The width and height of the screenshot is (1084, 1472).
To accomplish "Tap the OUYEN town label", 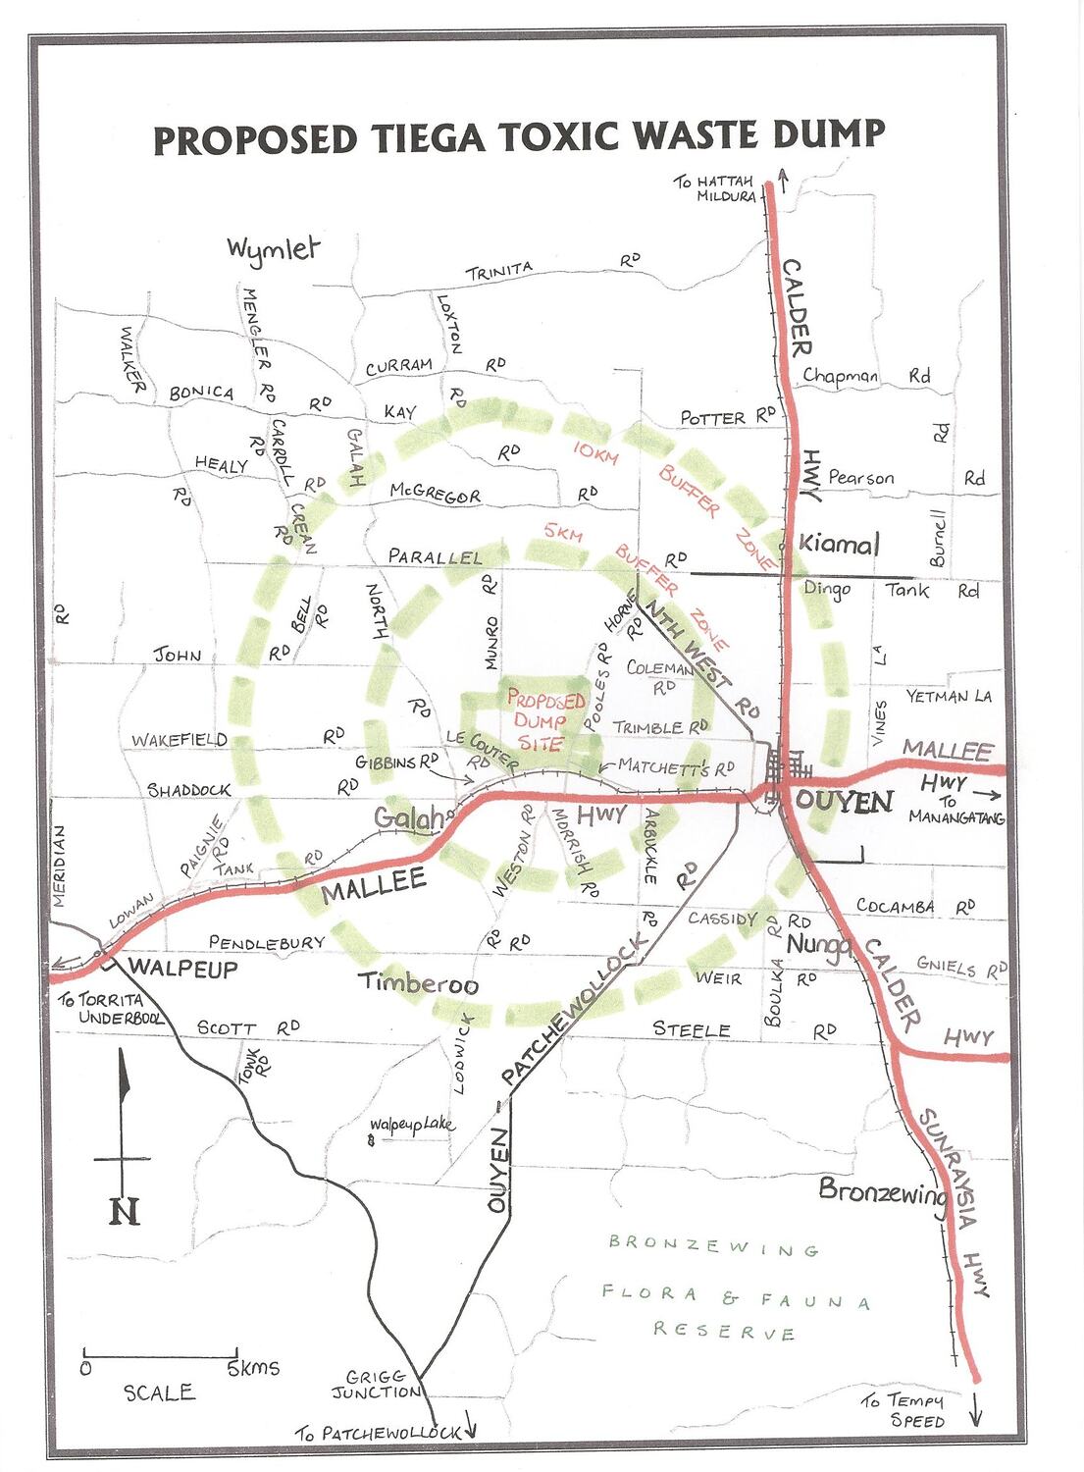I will click(x=844, y=802).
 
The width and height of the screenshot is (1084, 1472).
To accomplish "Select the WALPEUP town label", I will click(x=182, y=968).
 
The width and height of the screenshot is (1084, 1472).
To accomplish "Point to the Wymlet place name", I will click(x=273, y=248).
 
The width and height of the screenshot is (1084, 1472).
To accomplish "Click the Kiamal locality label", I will click(x=839, y=544).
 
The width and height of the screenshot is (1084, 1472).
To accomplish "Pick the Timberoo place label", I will click(x=418, y=982).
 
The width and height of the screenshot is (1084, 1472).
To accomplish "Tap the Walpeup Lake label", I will click(x=412, y=1125).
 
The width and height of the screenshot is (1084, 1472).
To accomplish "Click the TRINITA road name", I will click(x=499, y=271).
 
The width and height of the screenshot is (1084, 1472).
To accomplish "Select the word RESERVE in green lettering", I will click(x=724, y=1332).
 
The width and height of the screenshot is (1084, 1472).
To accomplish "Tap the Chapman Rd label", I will click(x=865, y=376).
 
